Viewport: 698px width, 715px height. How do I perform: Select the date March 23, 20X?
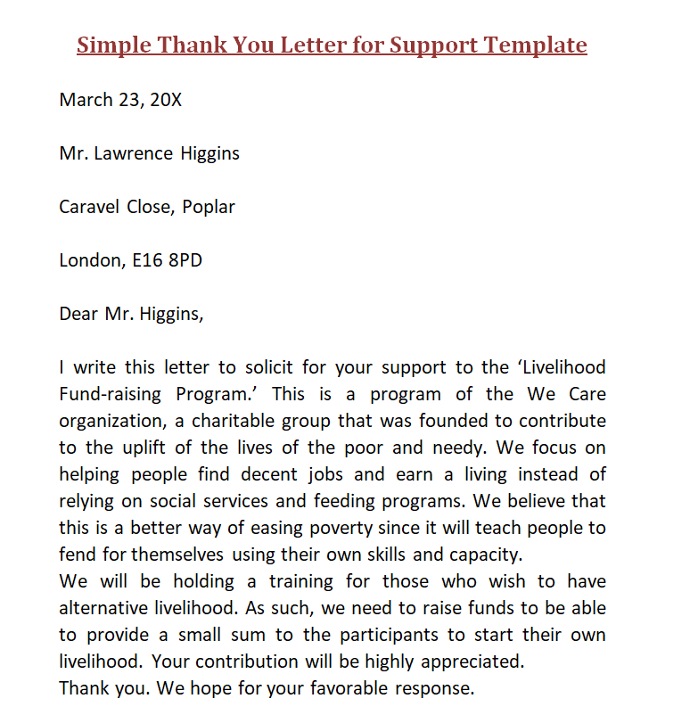(120, 100)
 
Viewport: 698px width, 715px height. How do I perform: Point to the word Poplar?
(209, 207)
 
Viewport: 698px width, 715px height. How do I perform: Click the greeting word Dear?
(78, 314)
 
